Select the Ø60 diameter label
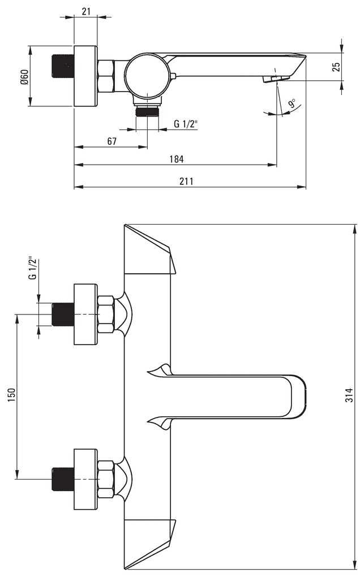[x=24, y=76]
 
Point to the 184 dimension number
[x=176, y=159]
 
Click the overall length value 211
[x=186, y=181]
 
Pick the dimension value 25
[x=336, y=67]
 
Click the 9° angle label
[x=292, y=104]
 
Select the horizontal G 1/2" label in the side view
[x=185, y=124]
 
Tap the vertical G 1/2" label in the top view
[x=32, y=268]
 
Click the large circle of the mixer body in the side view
[x=147, y=76]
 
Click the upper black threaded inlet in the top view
[x=62, y=315]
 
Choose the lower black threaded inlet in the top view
[x=62, y=479]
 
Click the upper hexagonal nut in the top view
[x=106, y=315]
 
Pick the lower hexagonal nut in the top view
[x=106, y=479]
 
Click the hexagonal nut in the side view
[x=106, y=76]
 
